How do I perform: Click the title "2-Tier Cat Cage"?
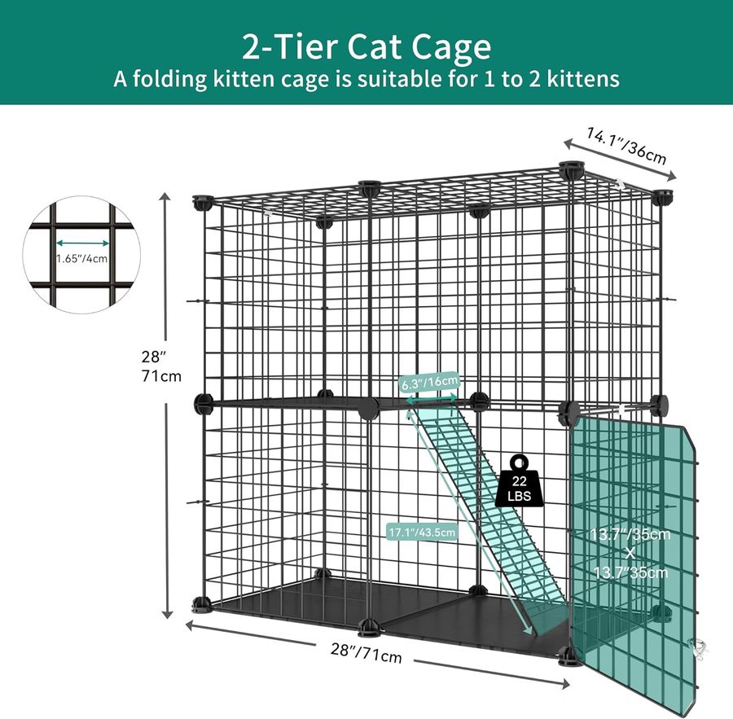tap(366, 46)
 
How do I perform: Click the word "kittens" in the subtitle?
tap(583, 78)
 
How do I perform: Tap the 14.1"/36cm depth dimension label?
tap(627, 147)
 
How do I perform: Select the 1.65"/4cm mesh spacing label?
tap(81, 258)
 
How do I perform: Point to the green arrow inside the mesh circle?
tap(83, 243)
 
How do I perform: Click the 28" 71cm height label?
tap(160, 366)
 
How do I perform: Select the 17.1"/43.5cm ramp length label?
tap(422, 532)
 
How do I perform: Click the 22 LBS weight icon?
tap(519, 481)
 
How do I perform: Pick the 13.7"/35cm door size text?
tap(630, 553)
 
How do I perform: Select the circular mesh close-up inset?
tap(81, 255)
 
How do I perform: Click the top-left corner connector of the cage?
tap(202, 204)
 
